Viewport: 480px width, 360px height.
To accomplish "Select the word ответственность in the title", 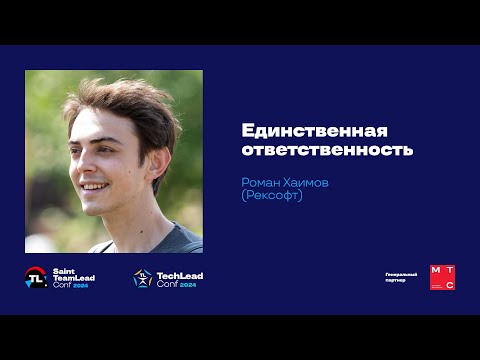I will click(327, 151).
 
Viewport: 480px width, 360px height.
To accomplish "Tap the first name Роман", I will click(263, 182).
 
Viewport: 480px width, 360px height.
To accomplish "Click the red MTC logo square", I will click(442, 277).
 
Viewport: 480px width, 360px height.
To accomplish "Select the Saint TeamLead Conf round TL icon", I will click(37, 278).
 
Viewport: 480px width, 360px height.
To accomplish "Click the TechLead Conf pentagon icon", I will click(143, 279).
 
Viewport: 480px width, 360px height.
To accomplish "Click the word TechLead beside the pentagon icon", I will click(181, 273).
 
